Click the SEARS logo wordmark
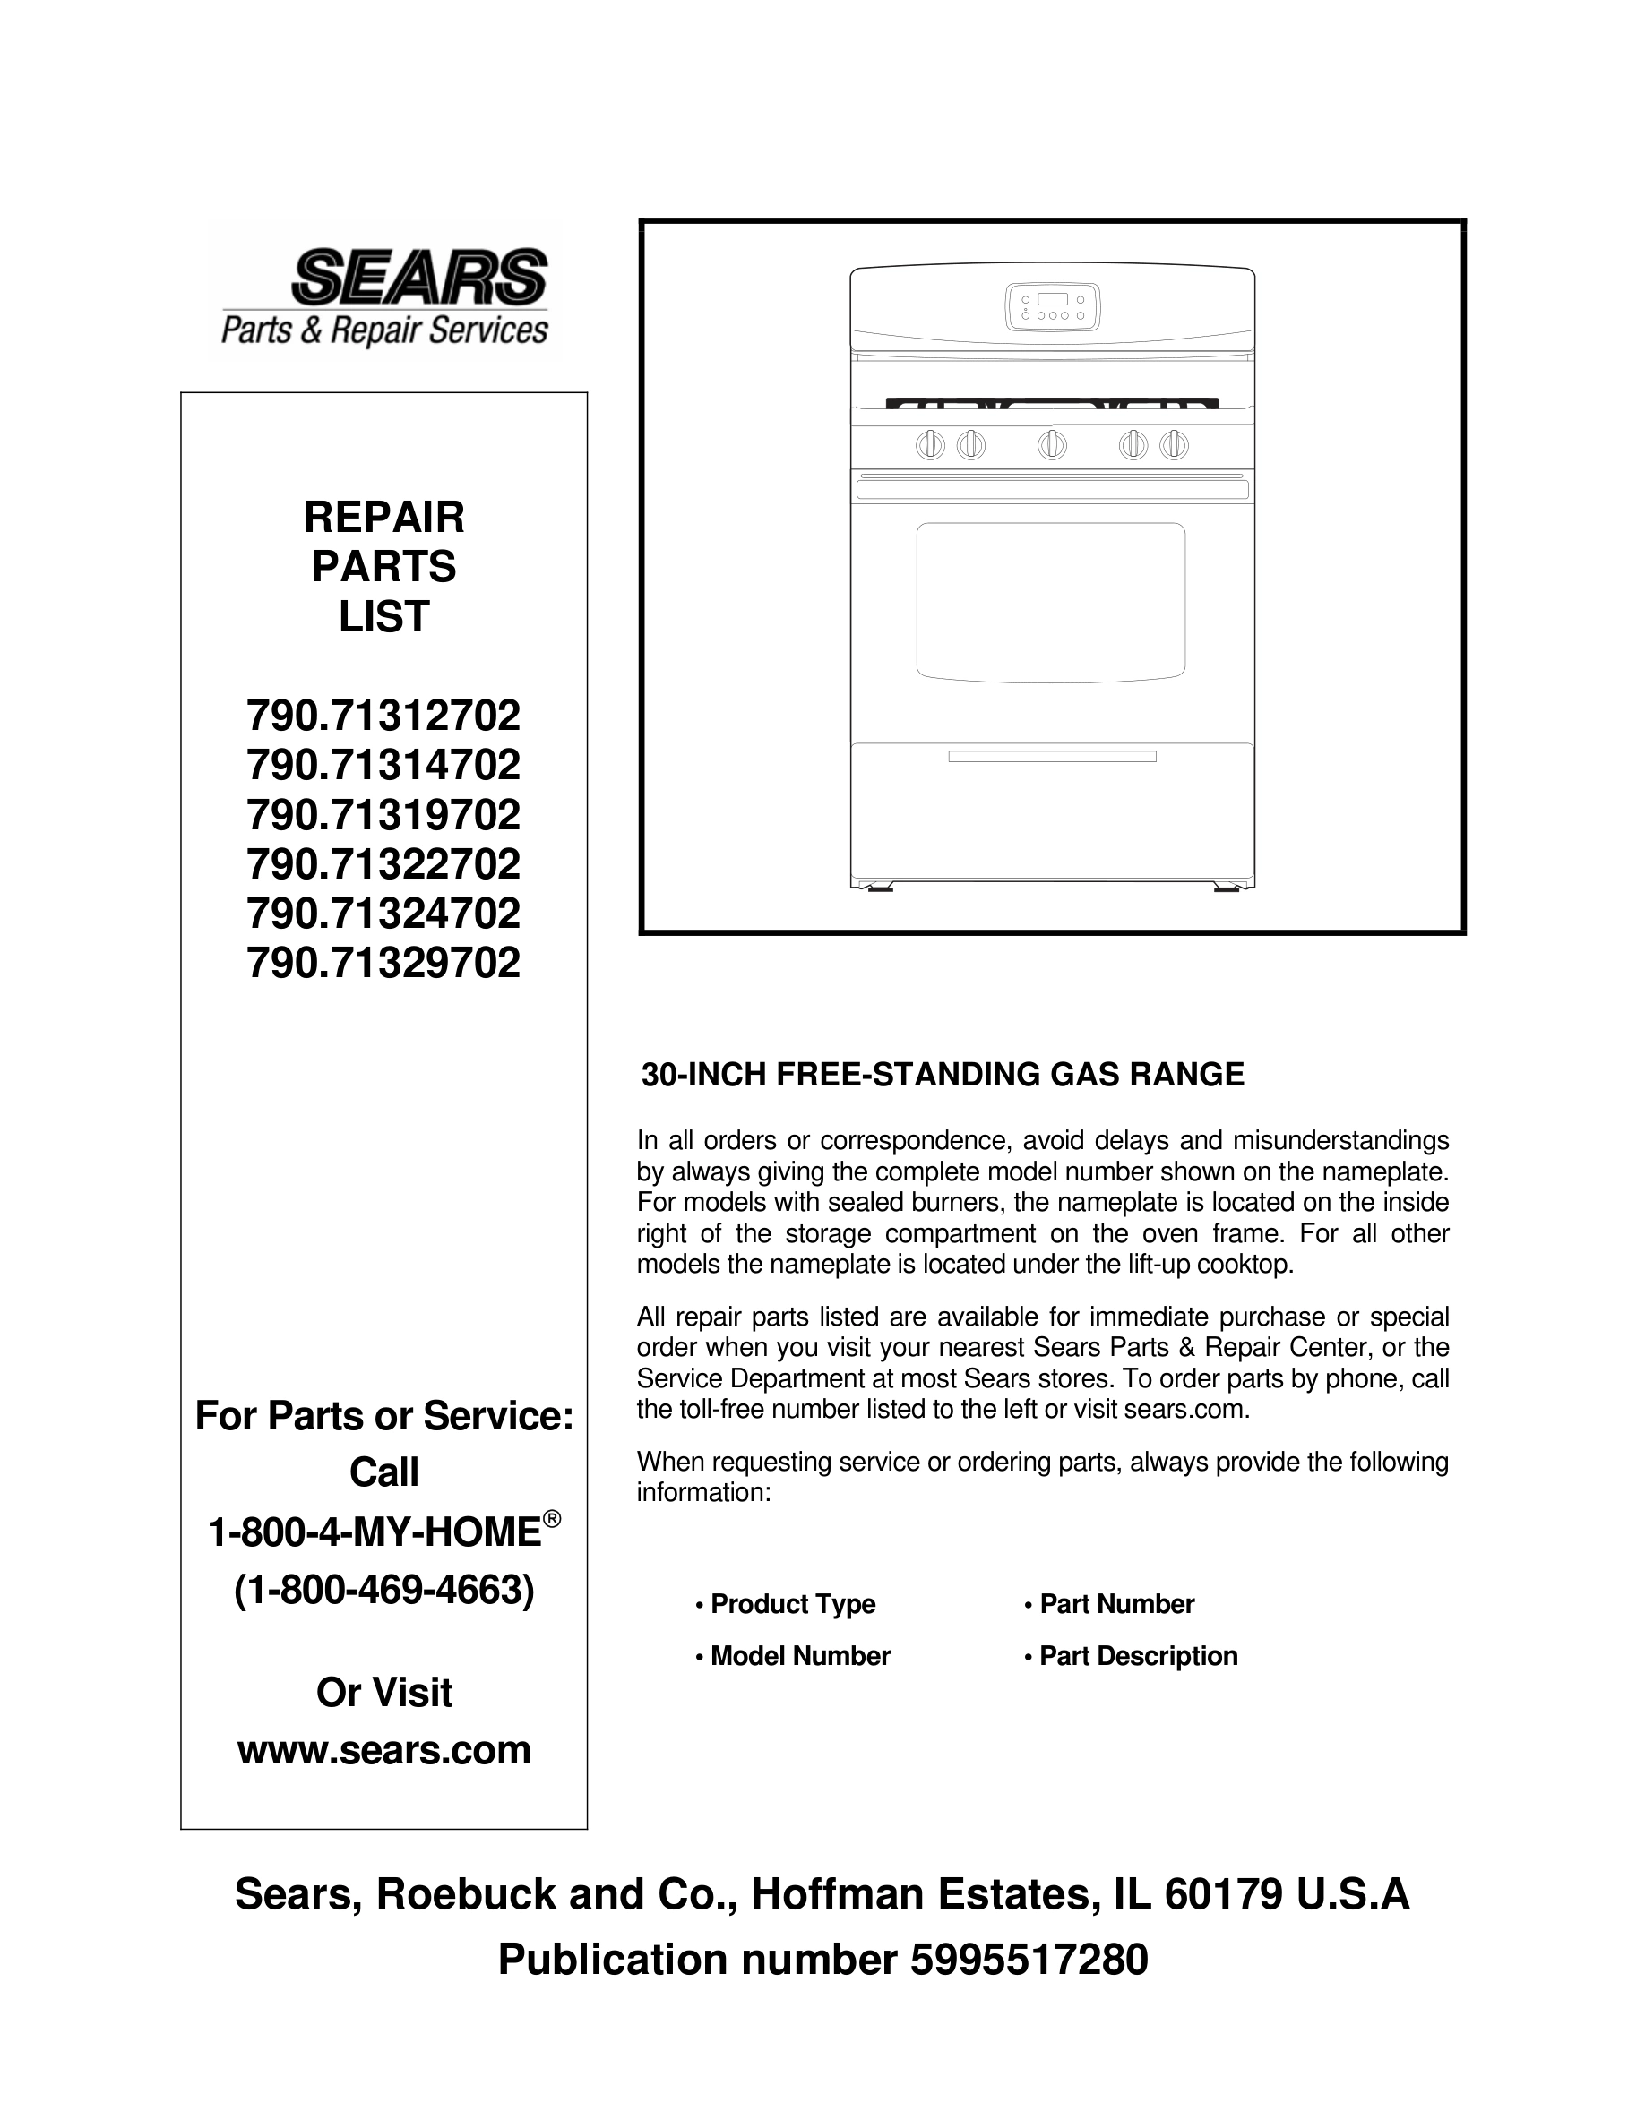click(x=420, y=276)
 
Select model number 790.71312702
click(x=384, y=717)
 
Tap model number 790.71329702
click(x=384, y=964)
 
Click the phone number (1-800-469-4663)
click(x=384, y=1592)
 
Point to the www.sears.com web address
click(x=384, y=1750)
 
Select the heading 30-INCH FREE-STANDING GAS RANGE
click(x=943, y=1075)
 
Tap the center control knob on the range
click(x=1052, y=445)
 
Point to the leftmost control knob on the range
click(x=930, y=445)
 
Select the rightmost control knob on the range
click(x=1174, y=445)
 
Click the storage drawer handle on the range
click(x=1052, y=756)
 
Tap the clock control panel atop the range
click(x=1052, y=306)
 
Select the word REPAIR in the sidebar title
click(x=384, y=518)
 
